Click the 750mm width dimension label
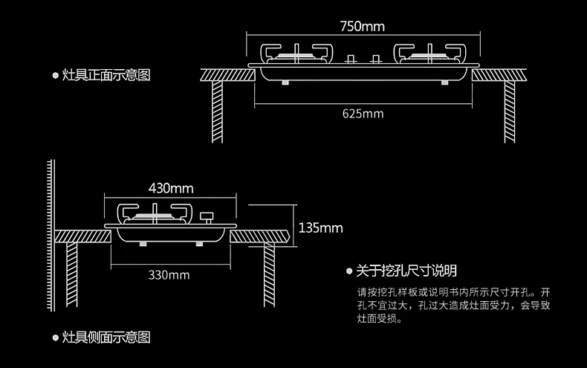tap(363, 27)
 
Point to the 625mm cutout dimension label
tap(363, 114)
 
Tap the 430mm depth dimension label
tap(170, 186)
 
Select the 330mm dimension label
tap(169, 275)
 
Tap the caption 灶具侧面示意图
tap(106, 338)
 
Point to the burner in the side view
tap(155, 213)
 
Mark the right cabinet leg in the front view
tap(510, 112)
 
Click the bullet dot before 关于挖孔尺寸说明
tap(350, 271)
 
